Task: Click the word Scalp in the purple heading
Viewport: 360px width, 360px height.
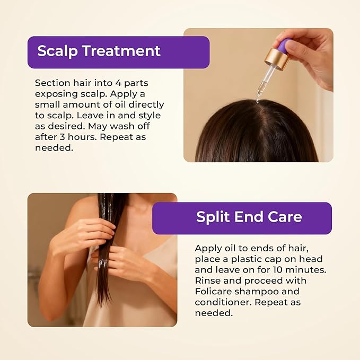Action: pyautogui.click(x=57, y=51)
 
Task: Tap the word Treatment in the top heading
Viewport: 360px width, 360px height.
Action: pyautogui.click(x=121, y=50)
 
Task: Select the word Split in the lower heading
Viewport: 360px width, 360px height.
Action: pyautogui.click(x=213, y=217)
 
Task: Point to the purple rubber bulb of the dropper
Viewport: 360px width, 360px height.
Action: pyautogui.click(x=284, y=45)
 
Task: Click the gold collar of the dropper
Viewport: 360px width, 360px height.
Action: pyautogui.click(x=276, y=58)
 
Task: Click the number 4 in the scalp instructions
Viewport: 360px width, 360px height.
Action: pyautogui.click(x=118, y=83)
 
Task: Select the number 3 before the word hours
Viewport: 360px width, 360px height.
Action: pyautogui.click(x=62, y=137)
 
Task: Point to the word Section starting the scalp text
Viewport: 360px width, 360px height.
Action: pyautogui.click(x=52, y=83)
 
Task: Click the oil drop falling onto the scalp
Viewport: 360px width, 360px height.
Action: pyautogui.click(x=257, y=101)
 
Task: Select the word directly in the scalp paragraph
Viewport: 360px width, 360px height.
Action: pyautogui.click(x=146, y=105)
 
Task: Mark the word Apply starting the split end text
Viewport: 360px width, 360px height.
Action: pyautogui.click(x=208, y=249)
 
